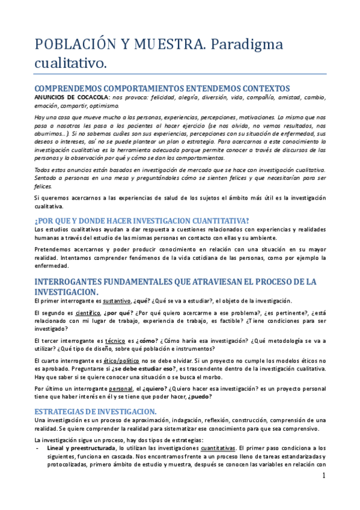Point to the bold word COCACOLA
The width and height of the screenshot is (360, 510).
(x=91, y=96)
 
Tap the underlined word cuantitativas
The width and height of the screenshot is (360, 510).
(x=218, y=448)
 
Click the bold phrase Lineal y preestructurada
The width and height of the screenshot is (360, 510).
(x=81, y=448)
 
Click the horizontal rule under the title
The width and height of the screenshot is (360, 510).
(x=180, y=73)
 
